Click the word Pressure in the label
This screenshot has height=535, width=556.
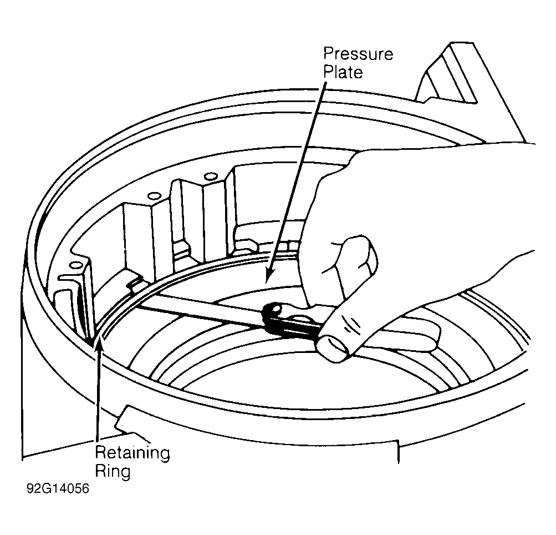pos(358,54)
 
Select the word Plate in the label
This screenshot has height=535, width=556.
pos(343,72)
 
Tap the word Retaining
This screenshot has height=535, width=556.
pos(132,453)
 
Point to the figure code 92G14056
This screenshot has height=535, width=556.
pos(58,488)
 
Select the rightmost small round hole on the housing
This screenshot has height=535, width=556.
pos(211,176)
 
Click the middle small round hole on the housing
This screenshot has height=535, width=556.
pos(153,195)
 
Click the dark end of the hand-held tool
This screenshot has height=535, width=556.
pos(273,314)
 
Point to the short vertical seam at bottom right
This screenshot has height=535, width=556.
pos(398,452)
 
